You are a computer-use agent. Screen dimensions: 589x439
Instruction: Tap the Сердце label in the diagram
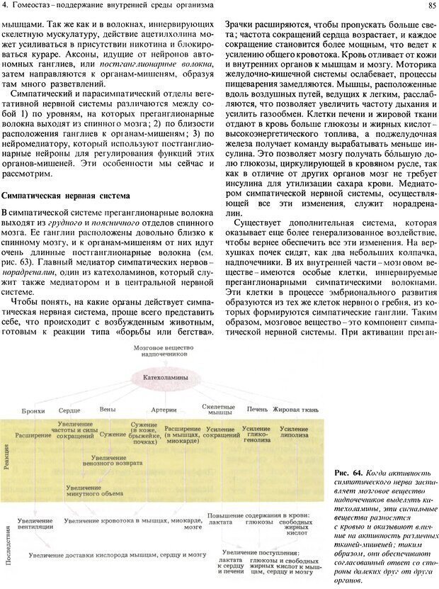(69, 410)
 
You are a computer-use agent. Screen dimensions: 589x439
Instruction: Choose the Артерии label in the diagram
(164, 410)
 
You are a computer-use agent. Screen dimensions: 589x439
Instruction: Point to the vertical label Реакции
(7, 454)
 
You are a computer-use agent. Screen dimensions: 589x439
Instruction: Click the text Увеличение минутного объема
(91, 491)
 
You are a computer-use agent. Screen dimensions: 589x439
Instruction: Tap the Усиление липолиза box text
(293, 434)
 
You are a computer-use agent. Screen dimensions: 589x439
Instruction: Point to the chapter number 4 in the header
(4, 6)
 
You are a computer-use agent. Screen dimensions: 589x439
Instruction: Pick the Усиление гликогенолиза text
(256, 434)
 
